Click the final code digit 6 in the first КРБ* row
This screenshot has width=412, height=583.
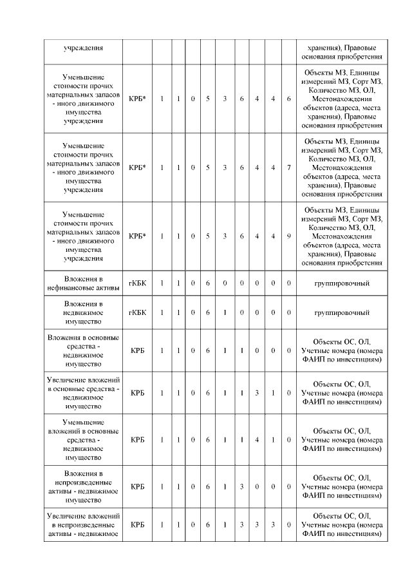point(289,98)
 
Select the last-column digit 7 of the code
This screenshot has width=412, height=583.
point(289,167)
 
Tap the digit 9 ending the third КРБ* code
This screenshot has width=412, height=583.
point(289,236)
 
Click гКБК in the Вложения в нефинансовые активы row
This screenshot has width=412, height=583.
point(137,283)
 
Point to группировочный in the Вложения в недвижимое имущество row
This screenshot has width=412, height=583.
point(341,312)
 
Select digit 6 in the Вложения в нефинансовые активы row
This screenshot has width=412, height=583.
point(208,283)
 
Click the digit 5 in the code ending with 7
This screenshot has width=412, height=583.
point(208,167)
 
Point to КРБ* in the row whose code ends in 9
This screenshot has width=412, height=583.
point(137,236)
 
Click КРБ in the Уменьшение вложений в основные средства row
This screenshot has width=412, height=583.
point(137,440)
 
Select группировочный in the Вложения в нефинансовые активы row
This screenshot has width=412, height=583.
point(341,283)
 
